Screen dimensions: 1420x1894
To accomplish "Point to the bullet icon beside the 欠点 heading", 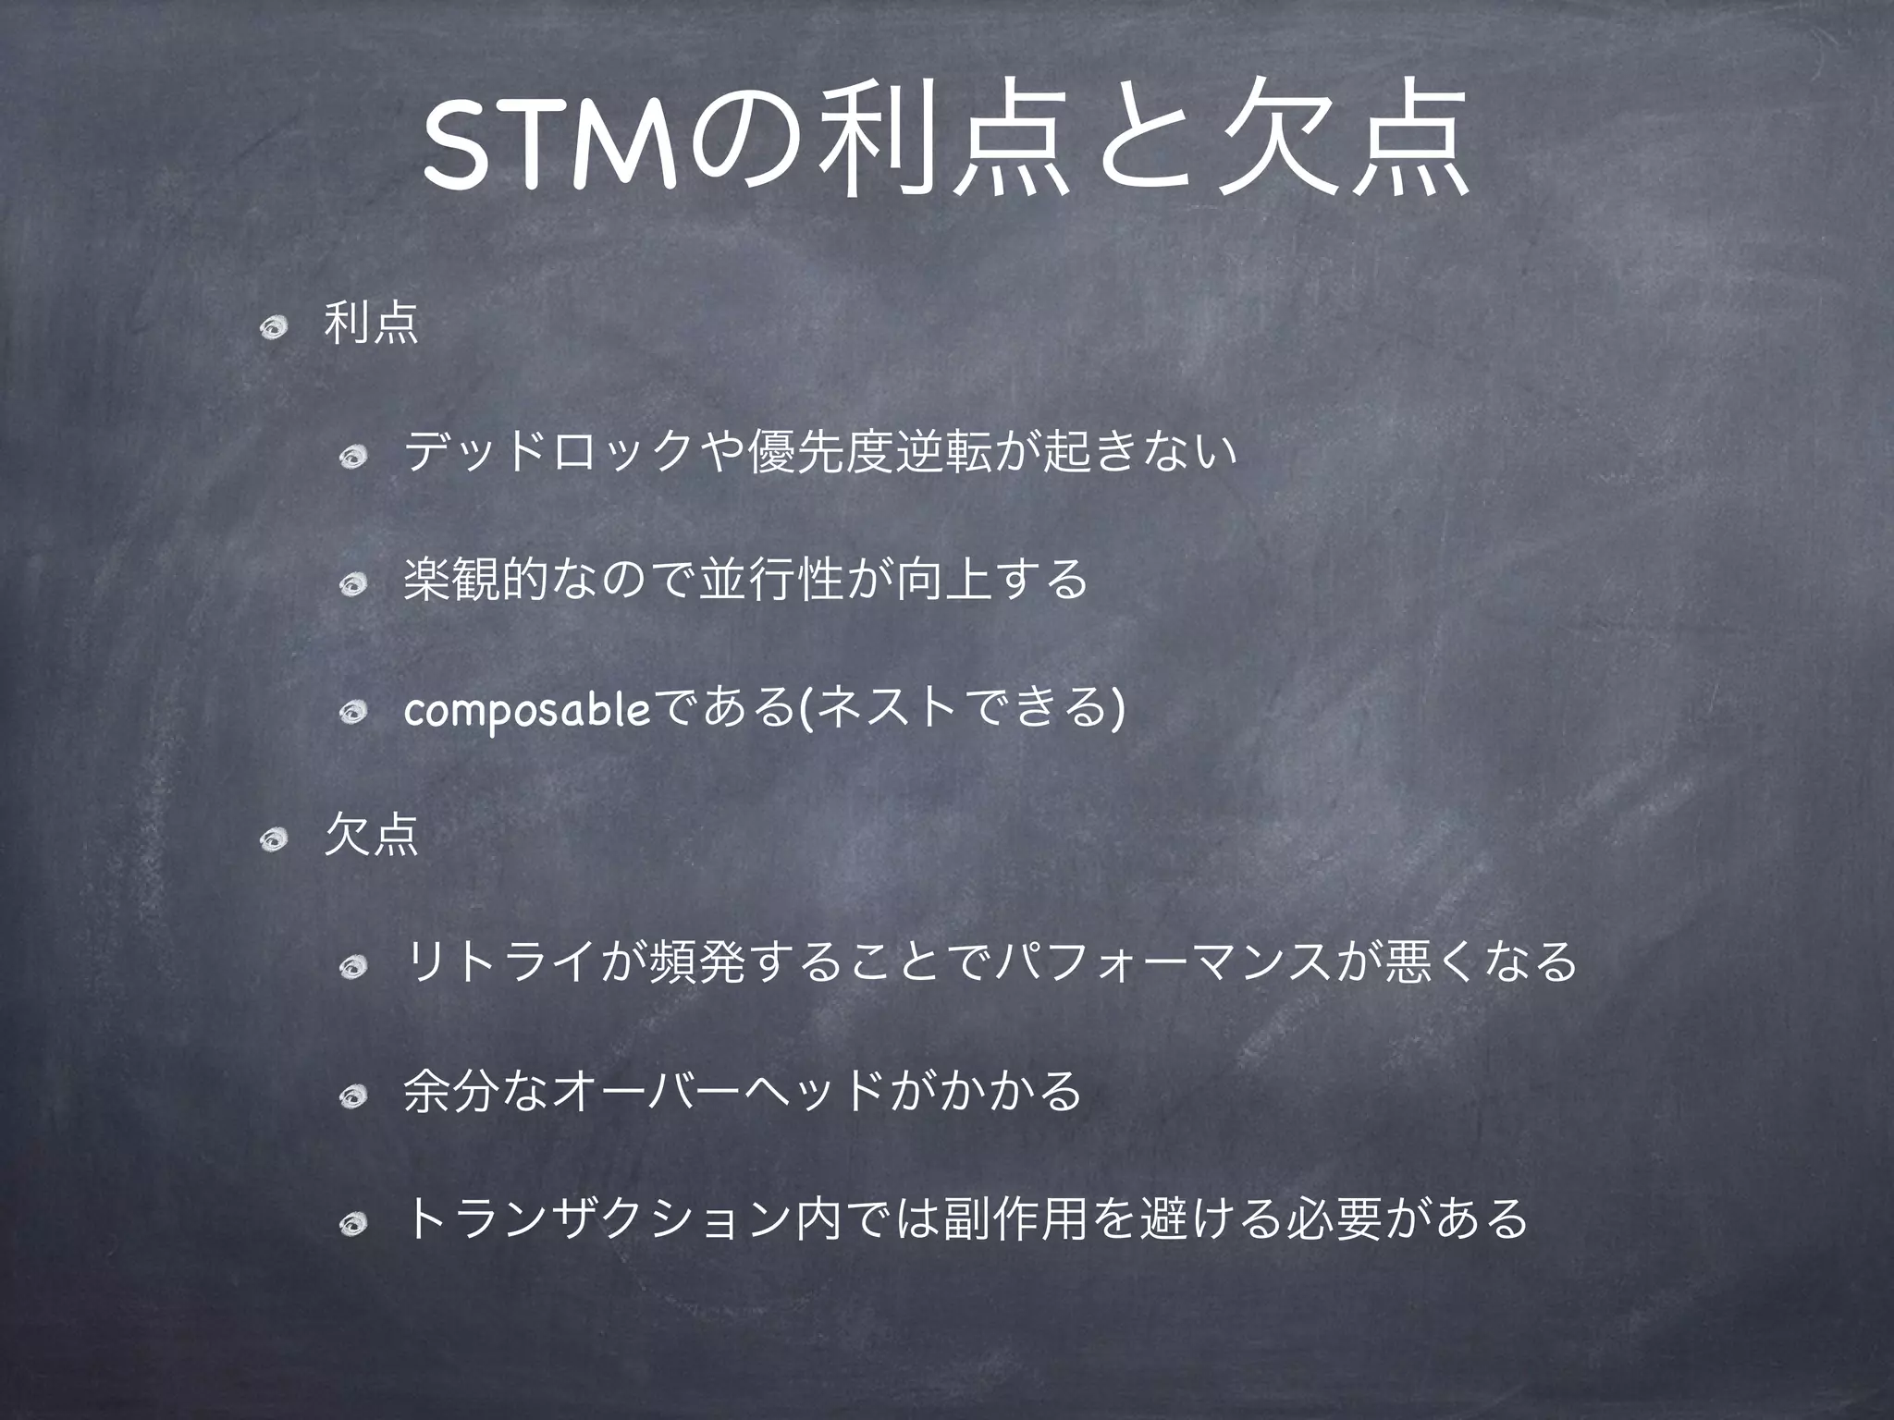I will [x=275, y=839].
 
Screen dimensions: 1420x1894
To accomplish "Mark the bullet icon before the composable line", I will [x=353, y=712].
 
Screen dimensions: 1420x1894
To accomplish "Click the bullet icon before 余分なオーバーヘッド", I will [x=353, y=1096].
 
